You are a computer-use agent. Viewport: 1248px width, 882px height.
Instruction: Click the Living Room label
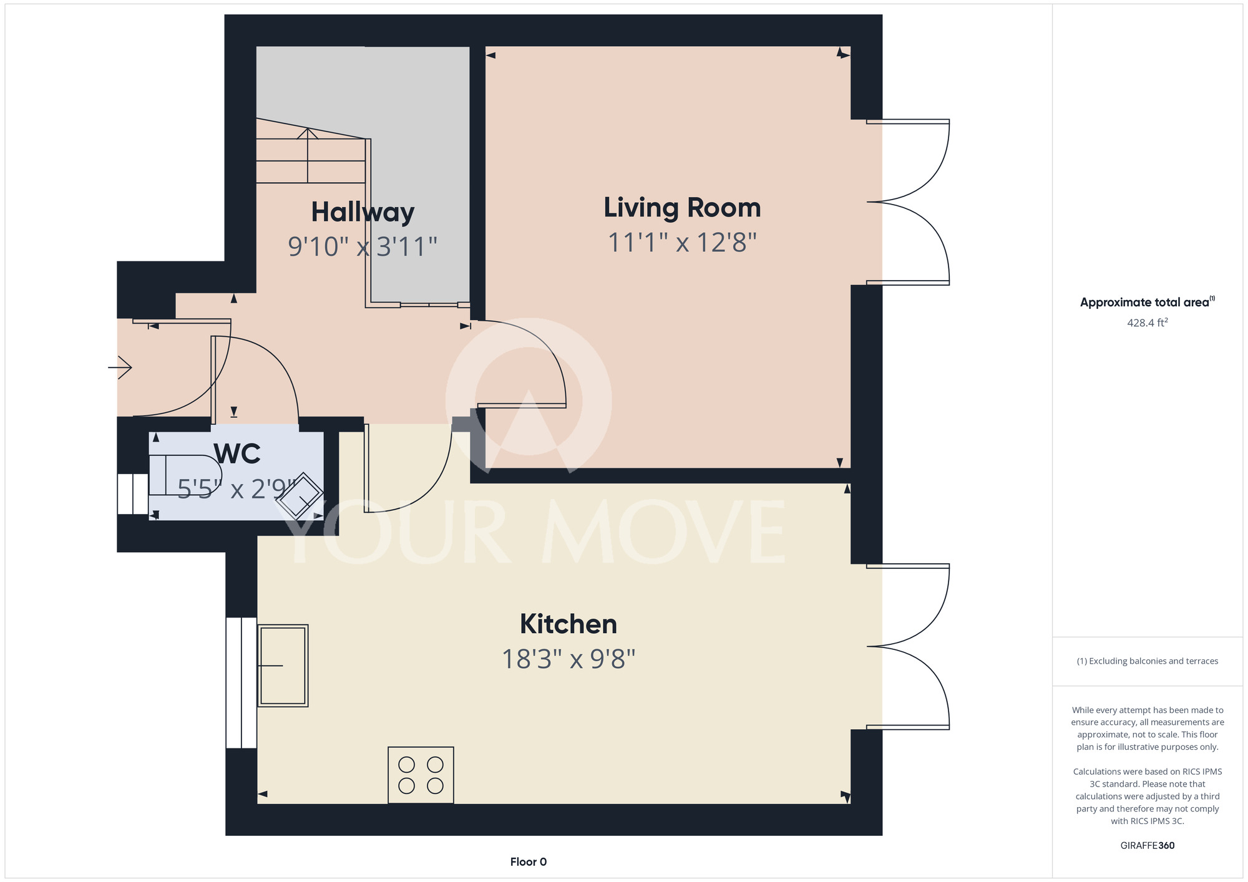(x=682, y=208)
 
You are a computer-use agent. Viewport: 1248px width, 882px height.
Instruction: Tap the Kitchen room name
(x=568, y=624)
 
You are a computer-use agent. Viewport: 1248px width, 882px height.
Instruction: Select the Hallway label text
(x=363, y=213)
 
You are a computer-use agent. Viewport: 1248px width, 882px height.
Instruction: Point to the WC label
(x=237, y=453)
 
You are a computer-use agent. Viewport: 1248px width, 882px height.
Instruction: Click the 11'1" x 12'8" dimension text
(x=682, y=243)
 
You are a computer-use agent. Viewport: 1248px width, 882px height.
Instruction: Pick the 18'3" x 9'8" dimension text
(x=568, y=659)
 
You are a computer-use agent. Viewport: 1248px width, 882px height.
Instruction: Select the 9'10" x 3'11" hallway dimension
(x=363, y=246)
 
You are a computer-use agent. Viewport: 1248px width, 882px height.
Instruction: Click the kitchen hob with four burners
(x=421, y=775)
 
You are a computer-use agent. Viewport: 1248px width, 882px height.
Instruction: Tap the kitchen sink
(x=283, y=666)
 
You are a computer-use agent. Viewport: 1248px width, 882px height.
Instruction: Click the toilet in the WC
(x=185, y=475)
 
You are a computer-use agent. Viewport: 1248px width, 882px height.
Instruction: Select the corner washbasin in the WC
(x=300, y=497)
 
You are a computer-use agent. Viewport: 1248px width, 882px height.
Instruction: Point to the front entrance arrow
(x=120, y=367)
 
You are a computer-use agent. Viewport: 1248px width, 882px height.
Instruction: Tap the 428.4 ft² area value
(x=1147, y=322)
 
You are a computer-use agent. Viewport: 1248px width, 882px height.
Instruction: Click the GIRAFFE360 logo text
(x=1147, y=846)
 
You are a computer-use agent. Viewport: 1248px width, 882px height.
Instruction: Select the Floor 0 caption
(x=529, y=862)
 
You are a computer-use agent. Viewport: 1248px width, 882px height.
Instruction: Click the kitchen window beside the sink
(x=241, y=682)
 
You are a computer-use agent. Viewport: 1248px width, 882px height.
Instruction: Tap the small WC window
(x=133, y=494)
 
